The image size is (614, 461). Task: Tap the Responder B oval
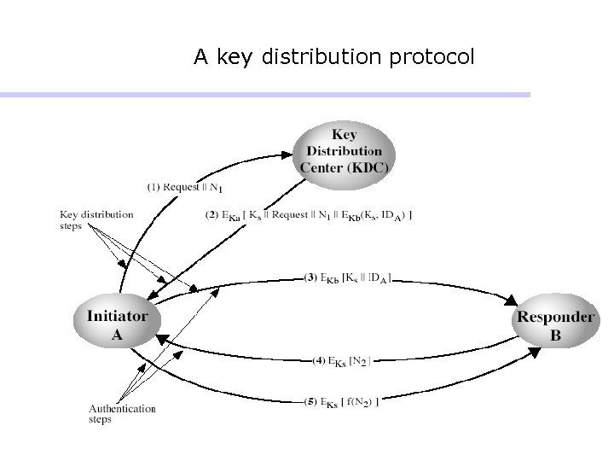(x=554, y=325)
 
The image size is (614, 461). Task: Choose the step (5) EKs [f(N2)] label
(x=341, y=401)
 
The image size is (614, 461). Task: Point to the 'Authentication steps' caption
(x=122, y=414)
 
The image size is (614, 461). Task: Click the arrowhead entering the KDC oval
(x=288, y=155)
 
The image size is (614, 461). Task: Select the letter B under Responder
(x=555, y=336)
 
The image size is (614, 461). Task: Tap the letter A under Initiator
(x=118, y=335)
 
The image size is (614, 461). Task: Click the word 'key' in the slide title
(x=230, y=58)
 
